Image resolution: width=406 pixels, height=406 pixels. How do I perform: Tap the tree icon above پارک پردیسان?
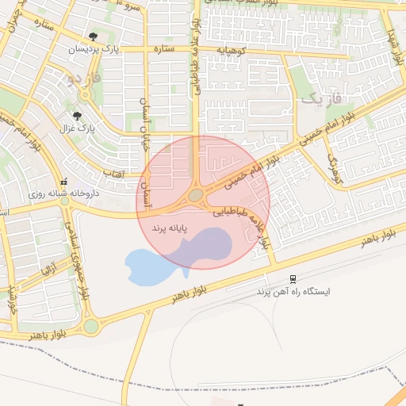94,36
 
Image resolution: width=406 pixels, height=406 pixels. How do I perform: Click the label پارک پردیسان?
94,49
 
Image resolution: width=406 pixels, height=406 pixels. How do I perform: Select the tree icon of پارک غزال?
77,115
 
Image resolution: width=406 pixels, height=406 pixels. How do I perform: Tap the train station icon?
293,278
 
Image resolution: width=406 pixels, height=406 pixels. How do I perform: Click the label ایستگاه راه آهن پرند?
293,291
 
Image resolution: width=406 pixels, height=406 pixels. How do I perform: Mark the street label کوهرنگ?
332,167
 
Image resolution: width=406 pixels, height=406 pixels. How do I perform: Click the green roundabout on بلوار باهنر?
90,326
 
